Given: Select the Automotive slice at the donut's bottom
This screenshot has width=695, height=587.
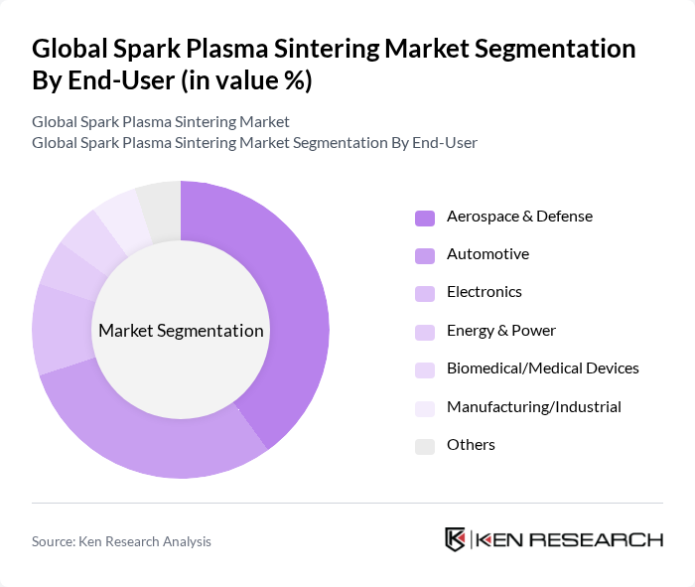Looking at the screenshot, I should [x=149, y=437].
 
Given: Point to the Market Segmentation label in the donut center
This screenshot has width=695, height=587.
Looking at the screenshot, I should [x=181, y=331].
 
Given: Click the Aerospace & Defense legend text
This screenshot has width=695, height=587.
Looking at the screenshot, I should [x=519, y=216].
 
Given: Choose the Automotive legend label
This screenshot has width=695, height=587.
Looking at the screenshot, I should [x=487, y=254].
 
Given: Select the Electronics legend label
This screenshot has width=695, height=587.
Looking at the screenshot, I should [x=484, y=292].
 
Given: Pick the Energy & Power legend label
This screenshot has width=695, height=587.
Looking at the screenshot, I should [x=500, y=330].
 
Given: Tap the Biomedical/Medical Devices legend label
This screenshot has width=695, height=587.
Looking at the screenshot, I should [x=542, y=368].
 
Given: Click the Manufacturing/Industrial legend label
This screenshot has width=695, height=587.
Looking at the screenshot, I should [x=533, y=406].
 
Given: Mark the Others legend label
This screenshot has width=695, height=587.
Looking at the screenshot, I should [x=471, y=445].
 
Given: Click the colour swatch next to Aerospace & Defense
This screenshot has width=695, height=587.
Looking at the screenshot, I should [x=425, y=218].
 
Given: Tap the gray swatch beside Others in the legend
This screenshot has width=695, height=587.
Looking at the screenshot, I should [x=425, y=446].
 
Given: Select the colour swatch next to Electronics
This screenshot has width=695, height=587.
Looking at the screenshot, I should [x=425, y=293].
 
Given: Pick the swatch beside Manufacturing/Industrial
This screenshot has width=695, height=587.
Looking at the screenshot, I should [x=425, y=407].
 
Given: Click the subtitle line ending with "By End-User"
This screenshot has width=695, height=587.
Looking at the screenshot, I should [x=254, y=142].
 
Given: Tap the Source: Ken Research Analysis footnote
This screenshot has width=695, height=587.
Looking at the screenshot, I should [x=121, y=541].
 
